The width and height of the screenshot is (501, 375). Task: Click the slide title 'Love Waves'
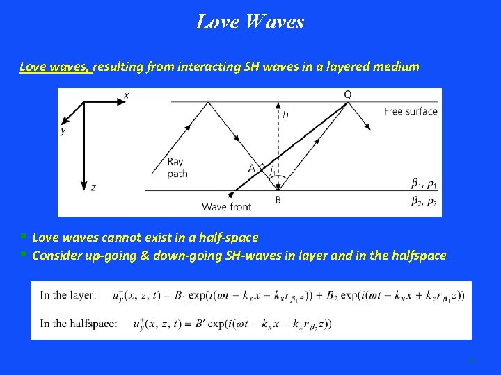click(x=250, y=22)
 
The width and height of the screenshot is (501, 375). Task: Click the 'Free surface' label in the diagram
click(x=411, y=111)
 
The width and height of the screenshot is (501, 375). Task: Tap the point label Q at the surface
click(x=347, y=94)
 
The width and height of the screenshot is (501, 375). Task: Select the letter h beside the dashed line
click(x=285, y=115)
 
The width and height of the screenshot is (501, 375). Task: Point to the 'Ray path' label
click(x=177, y=168)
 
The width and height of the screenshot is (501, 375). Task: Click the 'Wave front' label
click(x=226, y=206)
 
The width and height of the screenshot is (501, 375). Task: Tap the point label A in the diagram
click(x=251, y=167)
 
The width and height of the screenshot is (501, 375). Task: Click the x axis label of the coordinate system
click(x=126, y=94)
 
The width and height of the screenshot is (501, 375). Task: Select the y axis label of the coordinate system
click(x=63, y=130)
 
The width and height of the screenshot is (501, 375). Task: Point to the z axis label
click(x=93, y=187)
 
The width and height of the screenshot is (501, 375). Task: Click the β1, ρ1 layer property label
click(x=424, y=184)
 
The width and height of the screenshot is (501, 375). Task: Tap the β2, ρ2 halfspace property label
click(x=424, y=202)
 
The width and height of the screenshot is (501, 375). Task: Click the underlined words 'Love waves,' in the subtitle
click(x=55, y=67)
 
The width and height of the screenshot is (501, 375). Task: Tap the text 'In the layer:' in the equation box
click(x=68, y=295)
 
